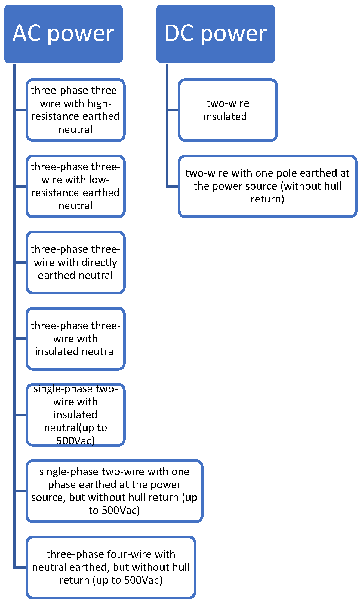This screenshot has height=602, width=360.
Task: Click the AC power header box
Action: point(63,34)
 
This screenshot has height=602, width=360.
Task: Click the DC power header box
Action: point(215,34)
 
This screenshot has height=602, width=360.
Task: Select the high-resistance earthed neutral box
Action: point(75,110)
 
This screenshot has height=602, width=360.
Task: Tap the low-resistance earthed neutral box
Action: point(75,186)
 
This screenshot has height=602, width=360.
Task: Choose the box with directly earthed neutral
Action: point(75,262)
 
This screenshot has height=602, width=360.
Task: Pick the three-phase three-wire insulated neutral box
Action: point(75,338)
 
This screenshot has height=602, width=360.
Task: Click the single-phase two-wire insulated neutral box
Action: point(75,415)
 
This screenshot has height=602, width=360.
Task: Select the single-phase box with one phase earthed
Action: point(114,491)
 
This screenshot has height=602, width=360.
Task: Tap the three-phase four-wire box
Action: point(111,567)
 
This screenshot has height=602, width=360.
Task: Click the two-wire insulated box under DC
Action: point(228,110)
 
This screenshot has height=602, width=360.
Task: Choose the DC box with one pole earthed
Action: point(267,186)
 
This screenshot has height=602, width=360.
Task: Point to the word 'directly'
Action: point(99,263)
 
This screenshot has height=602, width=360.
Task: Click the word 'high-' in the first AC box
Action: point(99,103)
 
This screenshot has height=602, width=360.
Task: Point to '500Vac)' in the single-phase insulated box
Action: point(75,441)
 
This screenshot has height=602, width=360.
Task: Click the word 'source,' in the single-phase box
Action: point(48,498)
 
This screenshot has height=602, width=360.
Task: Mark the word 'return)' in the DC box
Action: point(267,199)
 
